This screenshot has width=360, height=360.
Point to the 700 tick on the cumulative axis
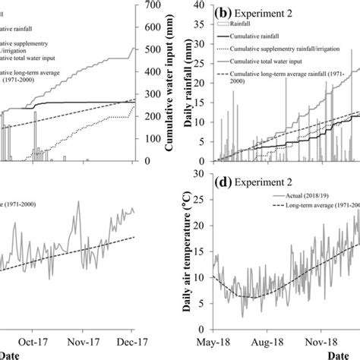[x=151, y=5]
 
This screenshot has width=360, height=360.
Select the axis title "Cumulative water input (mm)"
[x=169, y=84]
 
